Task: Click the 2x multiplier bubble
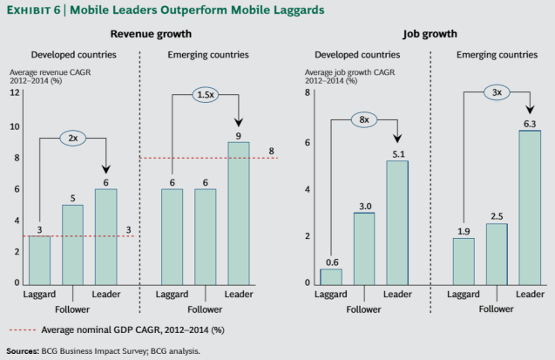coord(74,137)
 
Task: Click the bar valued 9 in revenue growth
coord(238,213)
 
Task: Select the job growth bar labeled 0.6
coord(332,275)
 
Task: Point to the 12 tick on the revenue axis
coord(15,93)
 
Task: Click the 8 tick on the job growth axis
coord(307,93)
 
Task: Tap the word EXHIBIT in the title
coord(31,10)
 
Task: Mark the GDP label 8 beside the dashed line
coord(272,152)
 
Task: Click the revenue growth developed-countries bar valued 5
coord(73,244)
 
